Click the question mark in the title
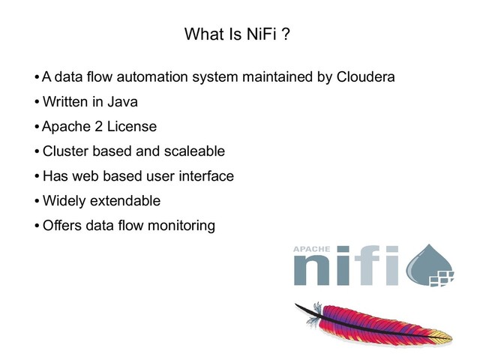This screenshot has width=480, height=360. [x=286, y=34]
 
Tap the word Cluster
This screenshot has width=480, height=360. [x=65, y=151]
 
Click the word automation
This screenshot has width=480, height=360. [x=142, y=76]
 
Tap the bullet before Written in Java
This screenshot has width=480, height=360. [x=37, y=102]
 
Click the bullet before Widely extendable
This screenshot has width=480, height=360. [x=37, y=201]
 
